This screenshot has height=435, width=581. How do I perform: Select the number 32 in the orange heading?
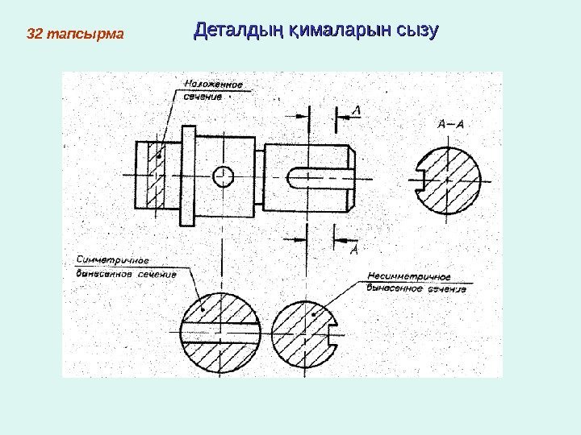tap(34, 35)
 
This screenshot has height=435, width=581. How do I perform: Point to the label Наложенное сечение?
tap(213, 89)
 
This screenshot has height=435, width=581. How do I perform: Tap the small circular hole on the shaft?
tap(224, 176)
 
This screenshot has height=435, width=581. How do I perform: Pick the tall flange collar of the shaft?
tap(188, 175)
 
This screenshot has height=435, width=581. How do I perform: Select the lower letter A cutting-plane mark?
tap(353, 251)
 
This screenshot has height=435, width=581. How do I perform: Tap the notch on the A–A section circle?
tap(422, 179)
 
